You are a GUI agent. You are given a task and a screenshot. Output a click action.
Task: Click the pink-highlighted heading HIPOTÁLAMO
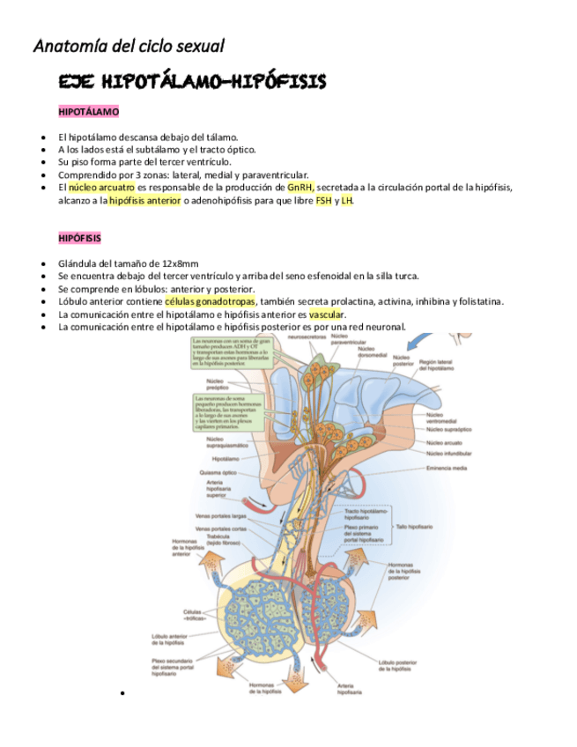88,113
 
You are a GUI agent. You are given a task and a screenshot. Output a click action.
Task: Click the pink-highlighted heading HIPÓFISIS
79,238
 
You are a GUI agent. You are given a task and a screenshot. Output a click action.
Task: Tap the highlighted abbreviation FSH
324,200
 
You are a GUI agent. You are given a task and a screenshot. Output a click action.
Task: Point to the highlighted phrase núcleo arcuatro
101,188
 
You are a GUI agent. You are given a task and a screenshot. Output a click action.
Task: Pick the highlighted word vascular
328,314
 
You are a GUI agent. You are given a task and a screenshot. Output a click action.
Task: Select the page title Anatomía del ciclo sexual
129,45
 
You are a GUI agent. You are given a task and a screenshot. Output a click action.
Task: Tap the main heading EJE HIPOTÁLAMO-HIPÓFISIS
191,83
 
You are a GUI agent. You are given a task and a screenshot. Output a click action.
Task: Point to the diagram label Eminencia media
446,468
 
